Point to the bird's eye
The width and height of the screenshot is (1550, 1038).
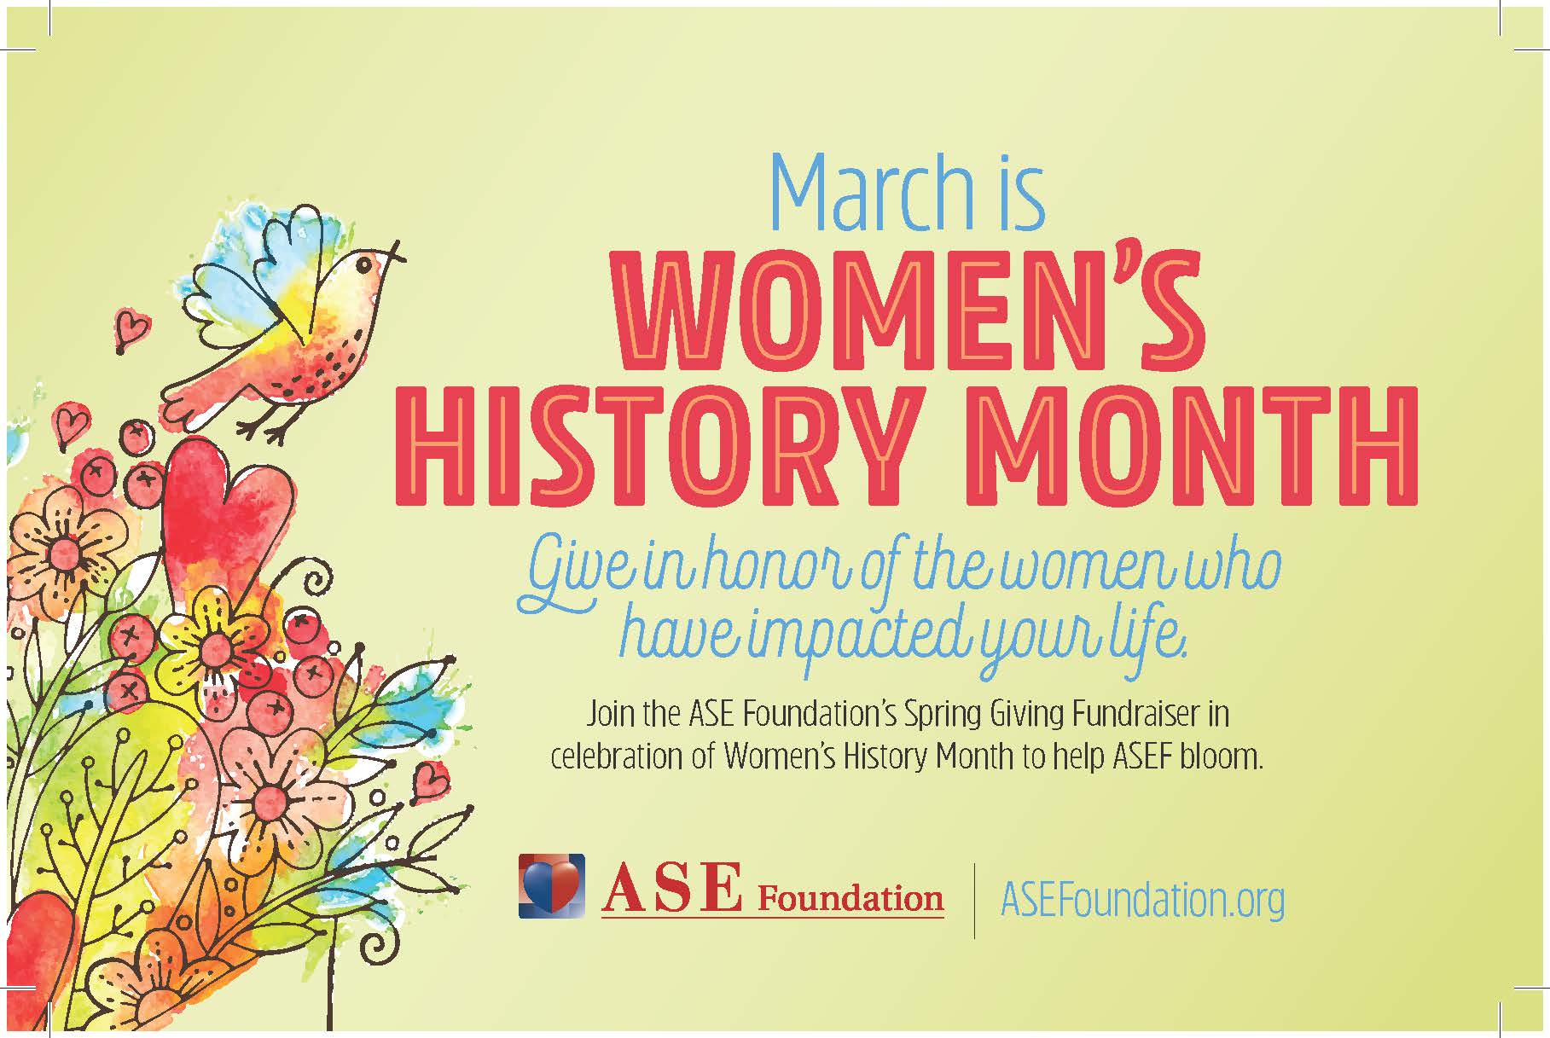(x=366, y=265)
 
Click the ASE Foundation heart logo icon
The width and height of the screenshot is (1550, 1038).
(x=552, y=886)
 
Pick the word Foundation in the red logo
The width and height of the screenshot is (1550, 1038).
(x=850, y=898)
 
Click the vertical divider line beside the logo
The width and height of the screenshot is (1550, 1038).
(x=975, y=900)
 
